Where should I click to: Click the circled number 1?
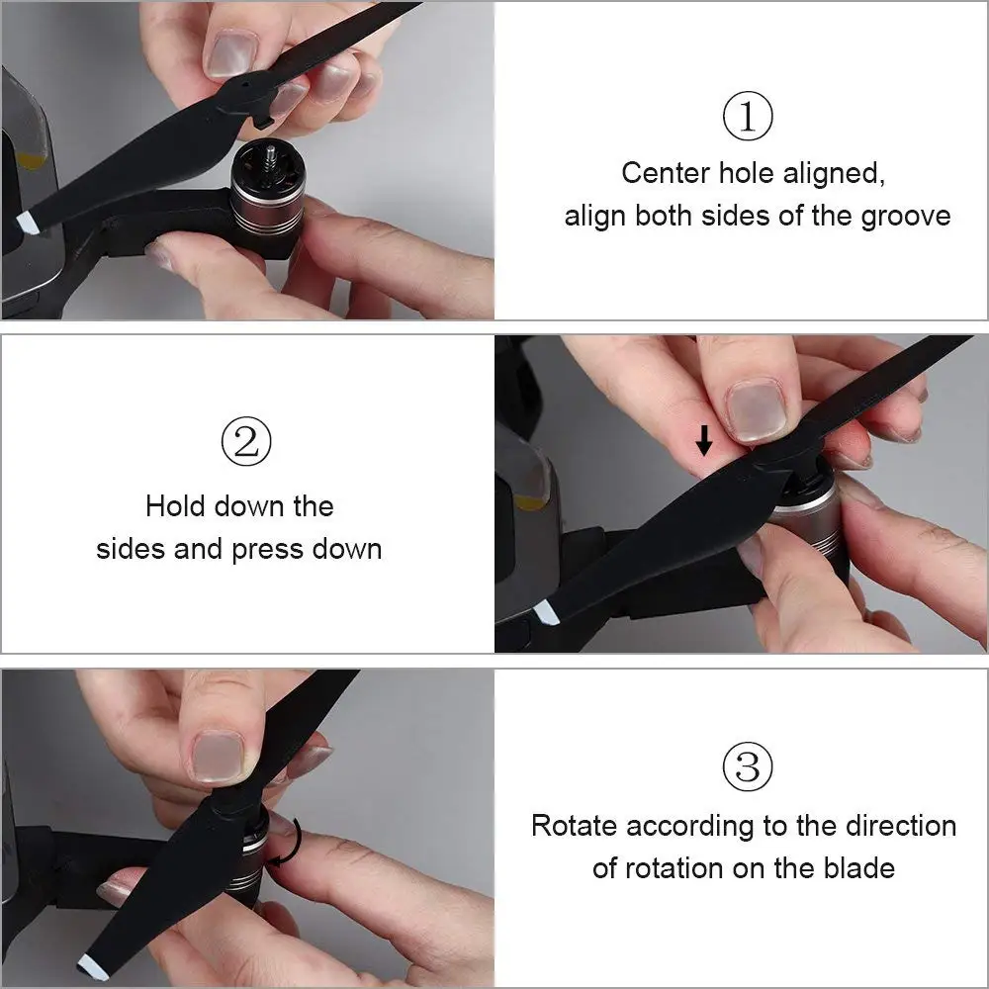click(748, 116)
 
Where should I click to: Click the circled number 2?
click(246, 441)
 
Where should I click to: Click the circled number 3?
click(748, 767)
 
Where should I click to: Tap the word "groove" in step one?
click(906, 217)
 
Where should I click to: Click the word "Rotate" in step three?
click(574, 826)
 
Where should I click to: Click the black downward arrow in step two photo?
click(704, 440)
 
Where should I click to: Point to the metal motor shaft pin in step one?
click(271, 159)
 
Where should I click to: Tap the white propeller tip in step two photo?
click(547, 612)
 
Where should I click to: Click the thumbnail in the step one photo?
click(231, 54)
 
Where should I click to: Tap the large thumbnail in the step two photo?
click(755, 411)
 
